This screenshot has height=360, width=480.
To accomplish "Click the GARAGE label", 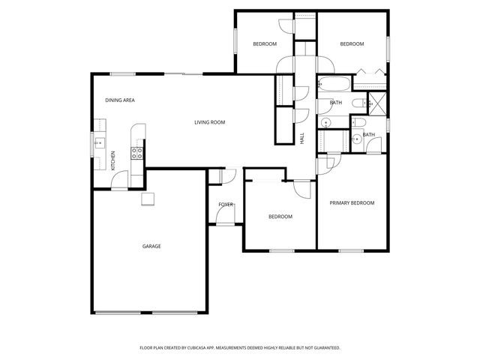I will (152, 246).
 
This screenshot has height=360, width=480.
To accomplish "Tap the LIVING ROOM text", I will (210, 122).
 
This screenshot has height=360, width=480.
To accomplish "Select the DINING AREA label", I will (119, 100).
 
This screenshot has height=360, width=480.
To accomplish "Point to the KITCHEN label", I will (113, 160).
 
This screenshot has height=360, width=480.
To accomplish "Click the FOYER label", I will (225, 204).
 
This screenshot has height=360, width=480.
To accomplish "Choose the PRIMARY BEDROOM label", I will (352, 203).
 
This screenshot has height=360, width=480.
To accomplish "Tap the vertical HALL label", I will (302, 139).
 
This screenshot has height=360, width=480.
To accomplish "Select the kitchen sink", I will (97, 142).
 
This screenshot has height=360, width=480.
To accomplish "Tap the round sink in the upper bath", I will (326, 122).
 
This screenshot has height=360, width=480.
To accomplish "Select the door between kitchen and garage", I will (120, 184).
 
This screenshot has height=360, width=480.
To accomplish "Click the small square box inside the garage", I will (148, 198).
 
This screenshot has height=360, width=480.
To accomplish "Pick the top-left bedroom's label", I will (264, 44).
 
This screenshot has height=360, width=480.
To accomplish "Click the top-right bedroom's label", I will (352, 44).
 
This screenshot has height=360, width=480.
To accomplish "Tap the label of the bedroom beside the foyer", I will (280, 217).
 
